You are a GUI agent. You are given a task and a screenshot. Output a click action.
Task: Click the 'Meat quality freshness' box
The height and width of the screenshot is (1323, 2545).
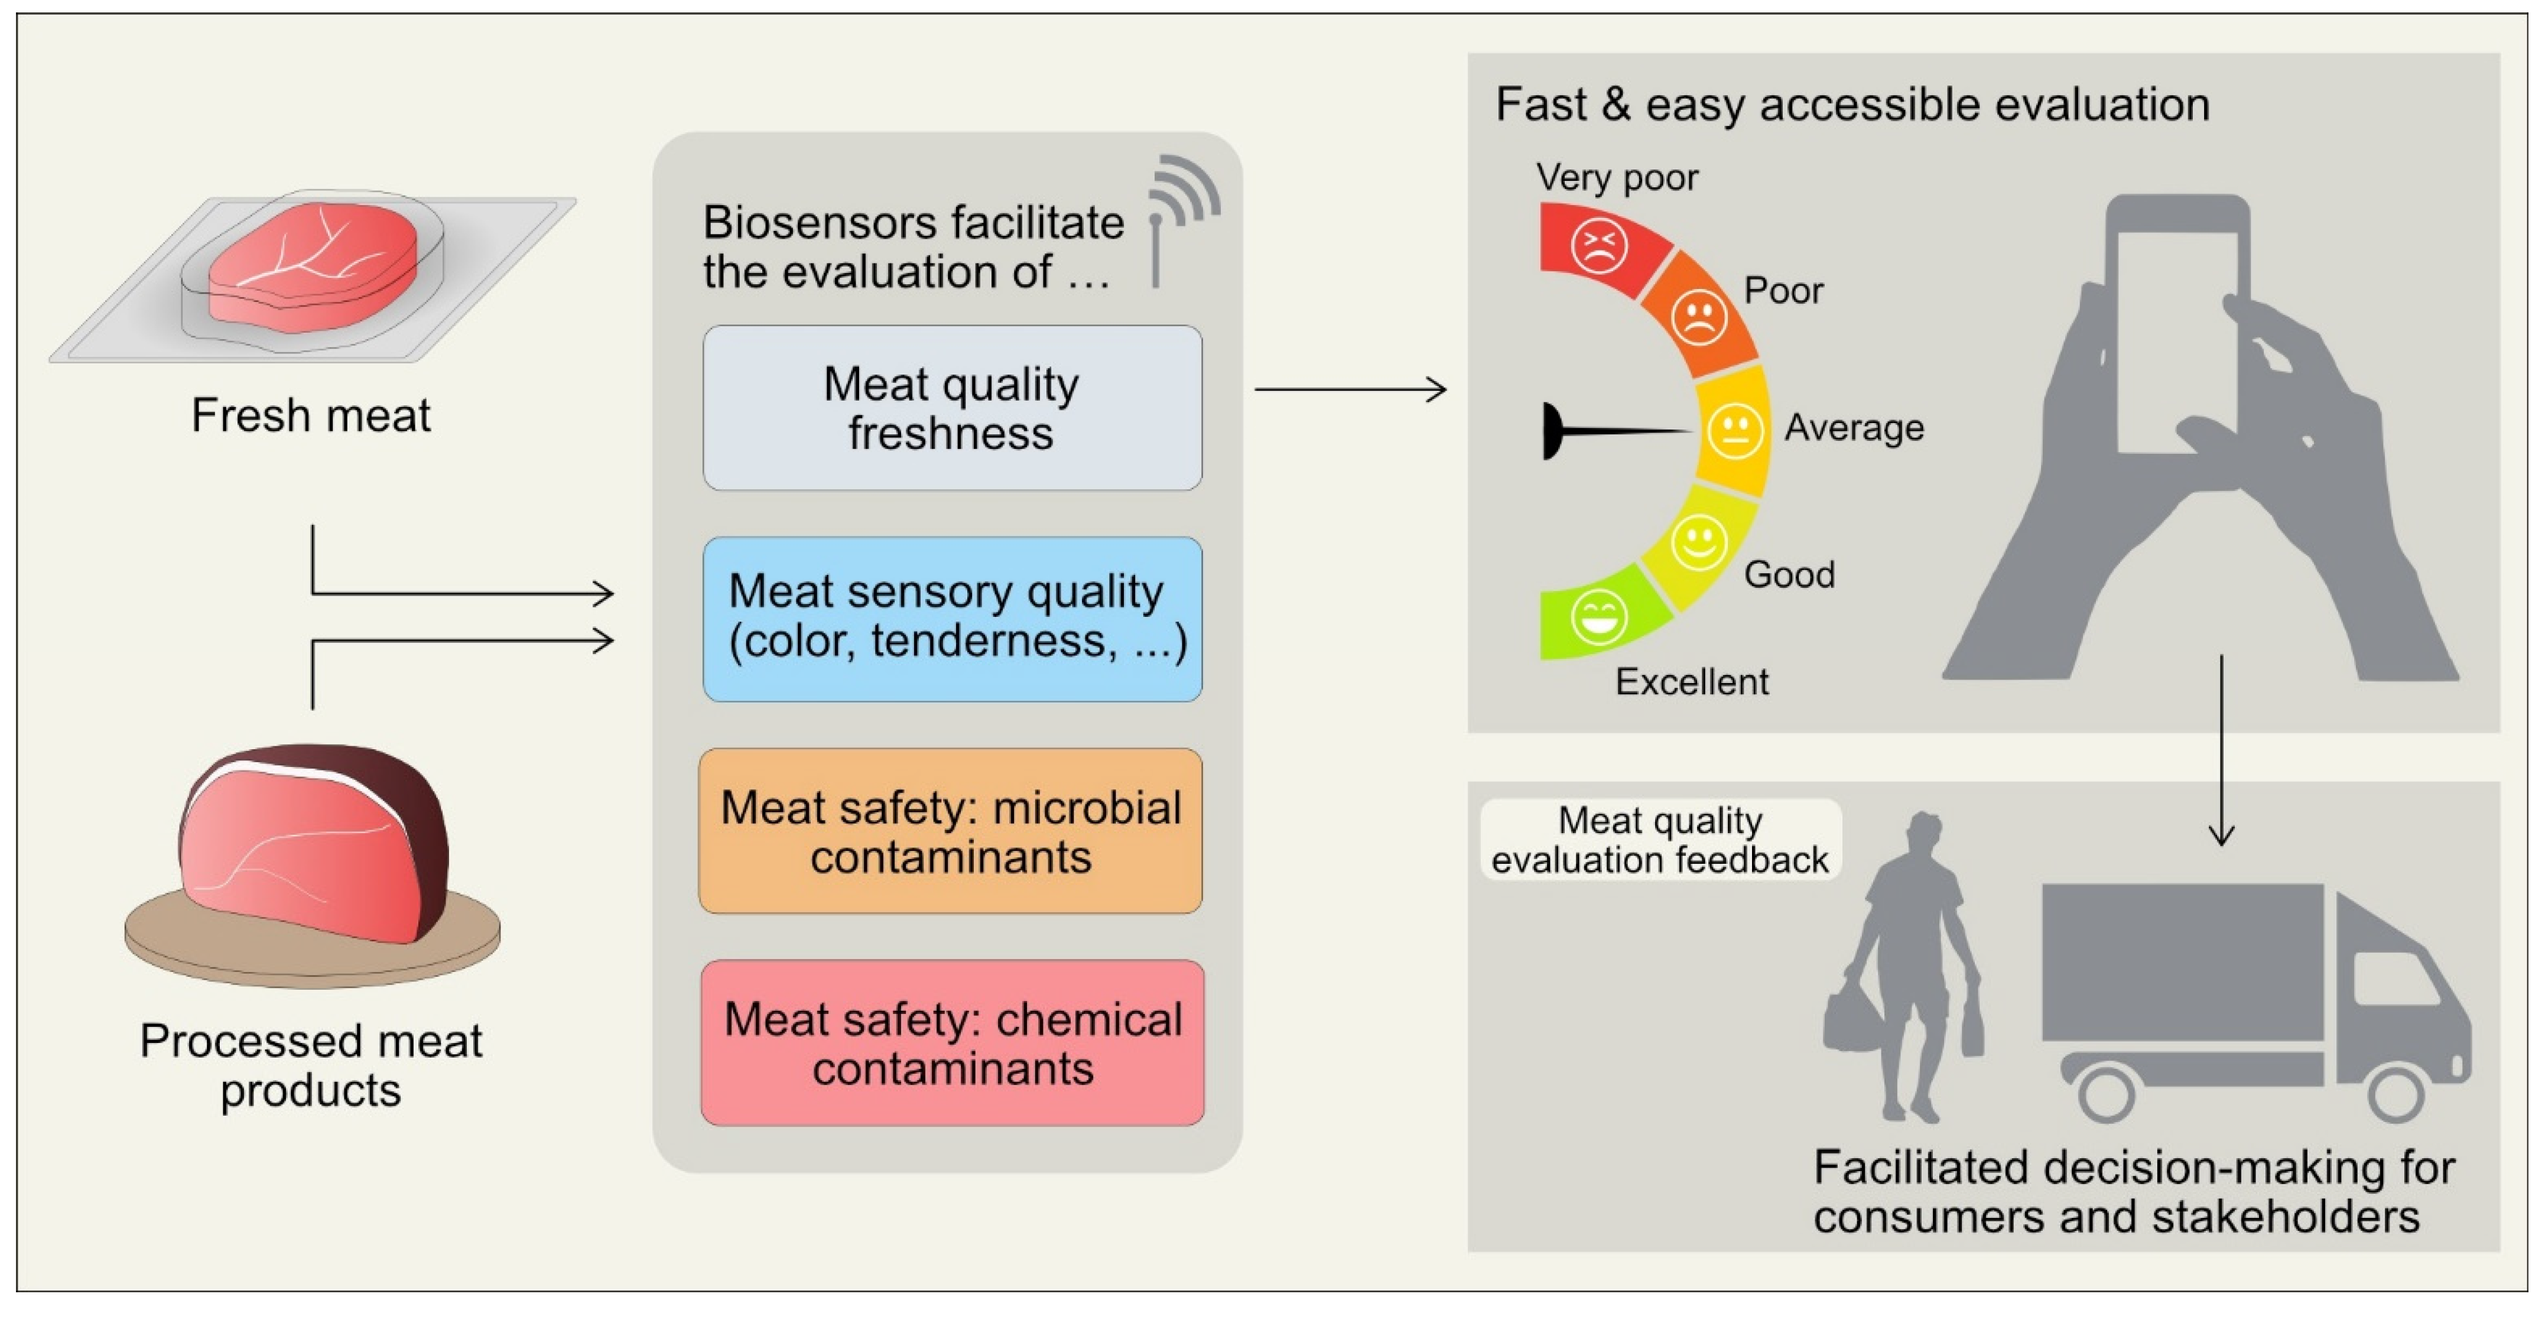[951, 408]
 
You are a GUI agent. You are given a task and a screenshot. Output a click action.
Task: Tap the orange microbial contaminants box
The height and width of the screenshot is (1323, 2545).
[950, 831]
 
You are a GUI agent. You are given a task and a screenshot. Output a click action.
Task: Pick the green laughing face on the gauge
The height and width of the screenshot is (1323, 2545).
[1598, 617]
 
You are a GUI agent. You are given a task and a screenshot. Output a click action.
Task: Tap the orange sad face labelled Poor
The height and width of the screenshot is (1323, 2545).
[1698, 316]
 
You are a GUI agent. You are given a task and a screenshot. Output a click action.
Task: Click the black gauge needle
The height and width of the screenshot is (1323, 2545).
[1610, 431]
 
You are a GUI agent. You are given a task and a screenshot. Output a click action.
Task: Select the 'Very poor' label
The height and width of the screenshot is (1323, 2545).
[1616, 178]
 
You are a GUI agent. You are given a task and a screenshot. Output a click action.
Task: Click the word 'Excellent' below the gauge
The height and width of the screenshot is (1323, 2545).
[1691, 682]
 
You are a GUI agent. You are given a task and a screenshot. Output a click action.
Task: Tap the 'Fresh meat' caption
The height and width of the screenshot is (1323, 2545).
[310, 415]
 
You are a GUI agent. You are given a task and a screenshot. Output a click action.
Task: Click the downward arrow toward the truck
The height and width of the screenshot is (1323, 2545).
[2221, 751]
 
